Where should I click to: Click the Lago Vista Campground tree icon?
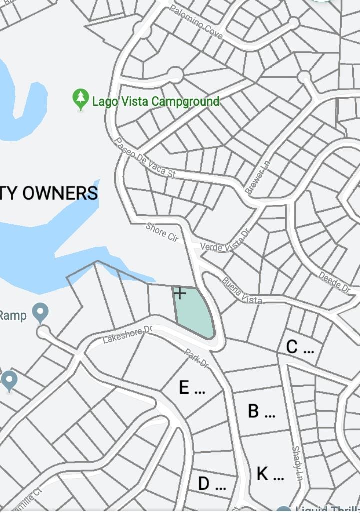(x=80, y=99)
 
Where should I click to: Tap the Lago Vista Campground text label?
(x=155, y=102)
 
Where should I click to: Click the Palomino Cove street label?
(x=196, y=23)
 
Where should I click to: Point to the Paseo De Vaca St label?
(x=145, y=158)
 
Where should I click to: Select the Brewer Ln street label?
(x=257, y=177)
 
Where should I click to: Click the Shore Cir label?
(x=162, y=232)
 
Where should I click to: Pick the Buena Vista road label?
(x=242, y=291)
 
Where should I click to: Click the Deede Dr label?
(x=334, y=282)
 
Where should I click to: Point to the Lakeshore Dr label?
(x=127, y=334)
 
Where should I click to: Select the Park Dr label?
(x=196, y=358)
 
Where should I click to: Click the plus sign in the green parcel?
(x=180, y=293)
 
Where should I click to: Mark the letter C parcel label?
(x=292, y=347)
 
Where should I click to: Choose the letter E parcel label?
(x=184, y=387)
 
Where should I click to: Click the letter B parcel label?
(x=254, y=411)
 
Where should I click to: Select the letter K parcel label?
(x=263, y=473)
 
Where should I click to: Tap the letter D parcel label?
(x=204, y=483)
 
